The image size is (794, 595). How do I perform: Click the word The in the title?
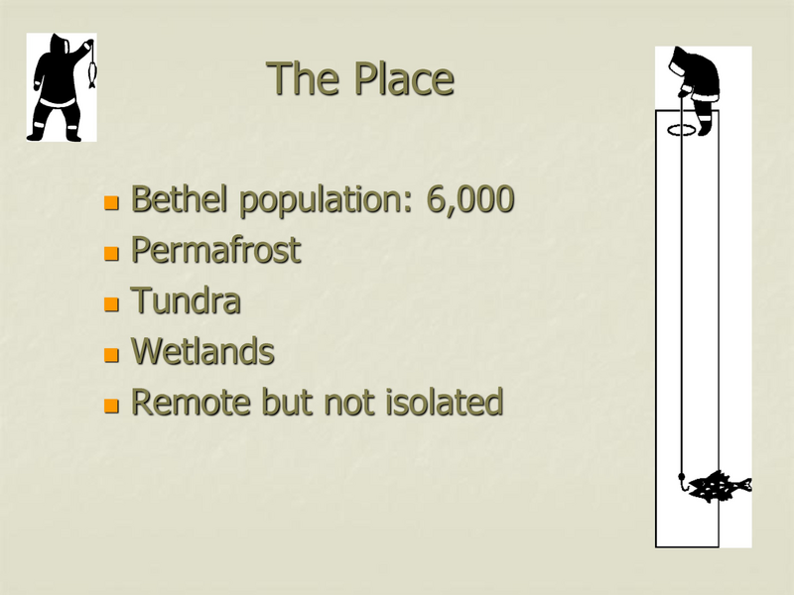301,78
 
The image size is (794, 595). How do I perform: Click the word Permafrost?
215,250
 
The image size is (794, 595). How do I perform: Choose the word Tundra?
186,300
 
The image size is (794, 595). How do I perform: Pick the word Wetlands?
202,351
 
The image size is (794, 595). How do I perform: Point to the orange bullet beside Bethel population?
112,203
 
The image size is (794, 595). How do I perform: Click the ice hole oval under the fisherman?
682,130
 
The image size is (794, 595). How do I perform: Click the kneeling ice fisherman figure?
695,84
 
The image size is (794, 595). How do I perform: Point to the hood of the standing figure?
55,44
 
